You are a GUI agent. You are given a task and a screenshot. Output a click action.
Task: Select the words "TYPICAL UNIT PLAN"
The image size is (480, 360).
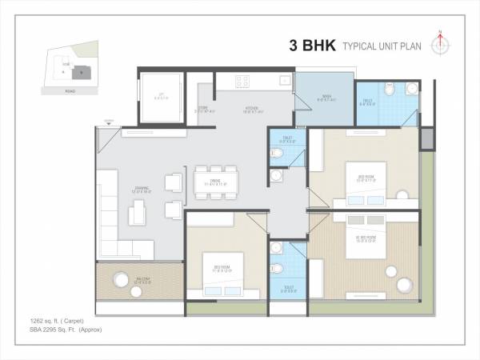(382, 46)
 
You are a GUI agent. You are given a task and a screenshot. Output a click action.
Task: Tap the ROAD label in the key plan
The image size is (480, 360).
(72, 91)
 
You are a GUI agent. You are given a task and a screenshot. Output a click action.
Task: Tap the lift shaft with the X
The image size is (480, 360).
(162, 98)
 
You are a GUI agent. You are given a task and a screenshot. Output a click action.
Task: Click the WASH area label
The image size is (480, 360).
(326, 98)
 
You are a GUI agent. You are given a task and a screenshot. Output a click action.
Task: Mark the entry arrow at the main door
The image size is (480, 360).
(108, 125)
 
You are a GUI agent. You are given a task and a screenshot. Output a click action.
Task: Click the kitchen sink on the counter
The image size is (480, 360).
(283, 81)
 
